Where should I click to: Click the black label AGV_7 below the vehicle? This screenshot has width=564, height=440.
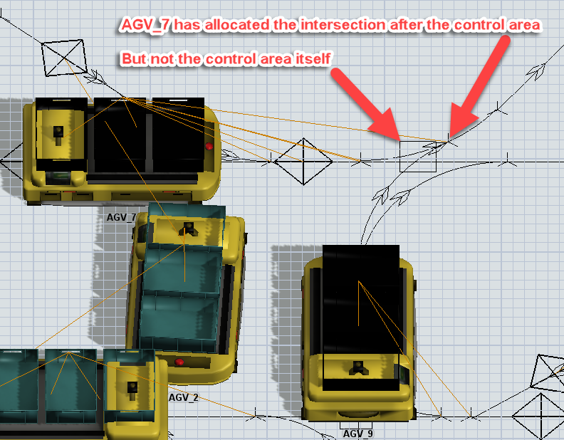pyautogui.click(x=121, y=217)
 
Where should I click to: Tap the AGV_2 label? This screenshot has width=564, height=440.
pyautogui.click(x=184, y=397)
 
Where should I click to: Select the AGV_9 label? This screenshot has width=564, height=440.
pyautogui.click(x=357, y=434)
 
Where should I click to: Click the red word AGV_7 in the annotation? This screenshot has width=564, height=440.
pyautogui.click(x=146, y=26)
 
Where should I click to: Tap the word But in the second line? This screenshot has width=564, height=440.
pyautogui.click(x=133, y=58)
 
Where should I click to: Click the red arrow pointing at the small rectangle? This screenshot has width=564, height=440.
pyautogui.click(x=366, y=104)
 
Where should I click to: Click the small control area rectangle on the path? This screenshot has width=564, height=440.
pyautogui.click(x=418, y=157)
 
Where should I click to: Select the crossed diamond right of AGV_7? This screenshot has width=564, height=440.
pyautogui.click(x=303, y=162)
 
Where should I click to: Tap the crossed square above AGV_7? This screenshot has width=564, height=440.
pyautogui.click(x=64, y=58)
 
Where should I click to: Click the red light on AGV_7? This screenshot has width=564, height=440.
pyautogui.click(x=209, y=146)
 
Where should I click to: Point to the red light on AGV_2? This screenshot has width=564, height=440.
pyautogui.click(x=179, y=362)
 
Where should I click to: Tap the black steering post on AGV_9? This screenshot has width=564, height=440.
pyautogui.click(x=358, y=367)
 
